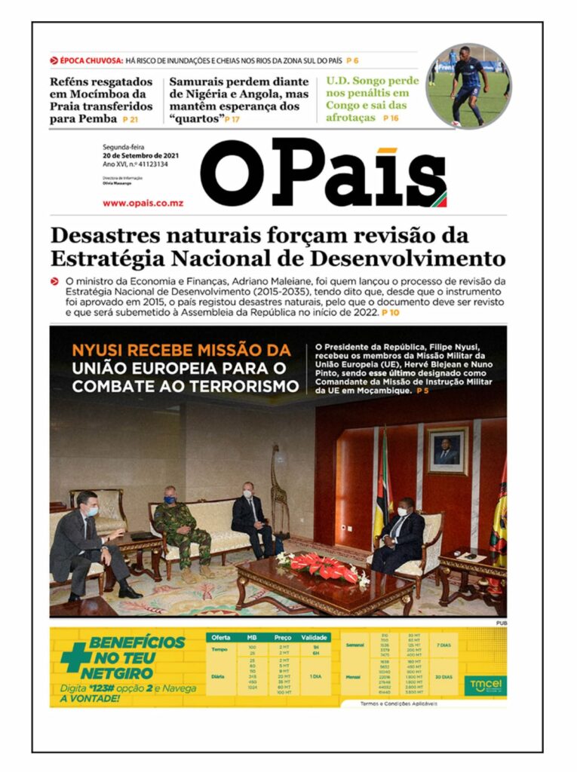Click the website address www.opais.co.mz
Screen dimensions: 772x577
pos(143,203)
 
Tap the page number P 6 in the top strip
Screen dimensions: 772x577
pos(352,60)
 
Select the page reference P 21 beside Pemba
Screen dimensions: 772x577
pos(130,119)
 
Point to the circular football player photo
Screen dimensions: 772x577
pos(468,85)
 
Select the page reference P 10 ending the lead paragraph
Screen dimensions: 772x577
pos(390,311)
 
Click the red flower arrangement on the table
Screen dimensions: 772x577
pos(322,565)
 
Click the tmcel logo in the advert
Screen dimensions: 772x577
pos(477,685)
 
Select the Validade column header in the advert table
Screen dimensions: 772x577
pos(315,637)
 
